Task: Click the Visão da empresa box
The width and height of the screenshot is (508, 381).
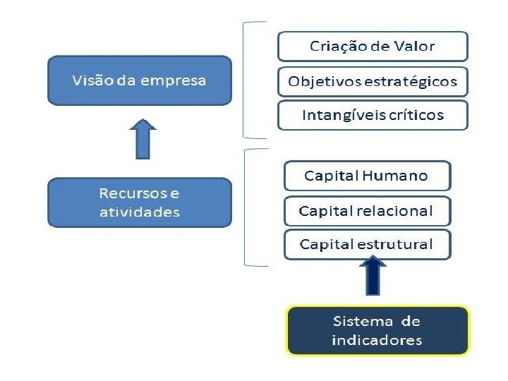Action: click(x=139, y=80)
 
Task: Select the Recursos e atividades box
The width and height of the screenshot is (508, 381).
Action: click(x=139, y=202)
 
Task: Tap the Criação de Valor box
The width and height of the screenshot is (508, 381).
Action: click(x=373, y=47)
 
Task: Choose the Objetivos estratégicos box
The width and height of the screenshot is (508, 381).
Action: click(x=373, y=81)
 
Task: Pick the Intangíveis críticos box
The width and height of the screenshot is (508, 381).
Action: click(x=373, y=115)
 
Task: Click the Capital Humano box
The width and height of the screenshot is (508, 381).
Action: click(x=366, y=176)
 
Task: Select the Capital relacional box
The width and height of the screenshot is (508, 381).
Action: click(x=366, y=210)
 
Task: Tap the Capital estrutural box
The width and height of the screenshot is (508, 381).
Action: click(x=366, y=244)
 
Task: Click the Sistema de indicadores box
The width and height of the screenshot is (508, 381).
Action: click(x=376, y=330)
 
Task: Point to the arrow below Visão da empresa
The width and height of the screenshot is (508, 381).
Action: click(x=144, y=139)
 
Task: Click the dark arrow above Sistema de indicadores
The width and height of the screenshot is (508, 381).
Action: click(x=373, y=275)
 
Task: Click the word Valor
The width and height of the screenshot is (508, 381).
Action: click(x=414, y=47)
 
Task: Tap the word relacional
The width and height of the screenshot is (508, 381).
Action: click(x=395, y=210)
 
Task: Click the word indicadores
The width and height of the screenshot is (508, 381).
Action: click(x=376, y=340)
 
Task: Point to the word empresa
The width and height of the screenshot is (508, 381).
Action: click(x=174, y=80)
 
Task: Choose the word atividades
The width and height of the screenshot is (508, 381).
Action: click(x=139, y=212)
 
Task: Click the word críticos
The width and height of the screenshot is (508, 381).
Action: click(x=417, y=115)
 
